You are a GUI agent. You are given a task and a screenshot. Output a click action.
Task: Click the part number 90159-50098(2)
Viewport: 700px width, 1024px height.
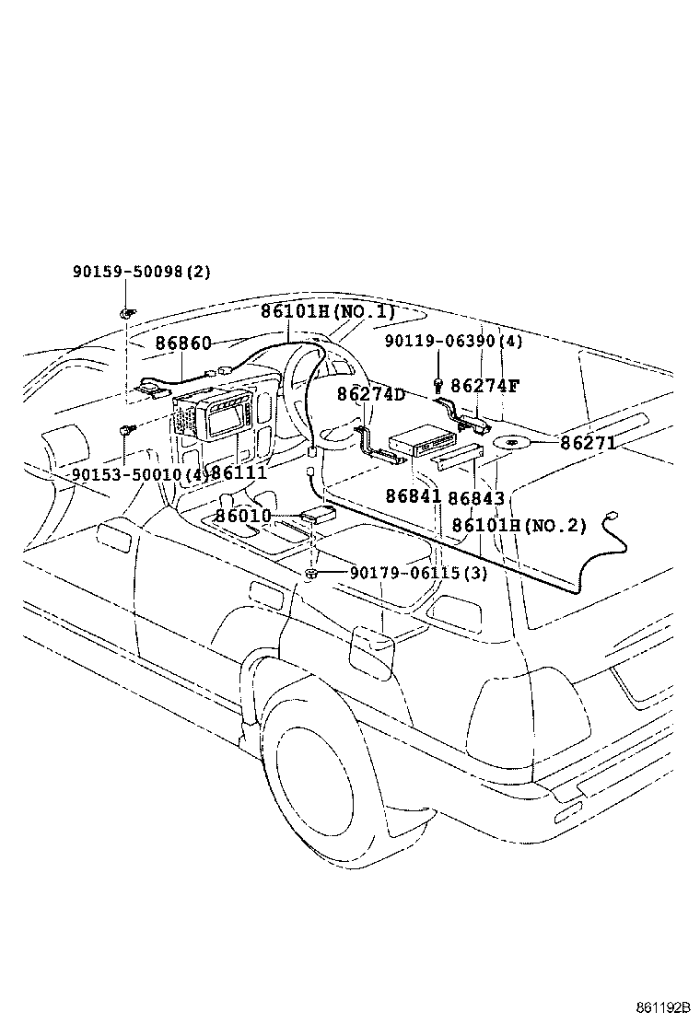142,272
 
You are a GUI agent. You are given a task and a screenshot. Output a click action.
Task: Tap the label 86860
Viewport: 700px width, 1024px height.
183,343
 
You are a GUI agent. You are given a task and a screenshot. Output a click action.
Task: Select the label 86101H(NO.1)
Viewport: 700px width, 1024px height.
329,311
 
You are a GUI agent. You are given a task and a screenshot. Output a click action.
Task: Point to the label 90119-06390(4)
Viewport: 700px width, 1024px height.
454,341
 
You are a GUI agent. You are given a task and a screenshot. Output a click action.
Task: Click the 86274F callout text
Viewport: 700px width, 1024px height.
485,385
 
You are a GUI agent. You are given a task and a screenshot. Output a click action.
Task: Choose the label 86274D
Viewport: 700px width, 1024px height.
371,394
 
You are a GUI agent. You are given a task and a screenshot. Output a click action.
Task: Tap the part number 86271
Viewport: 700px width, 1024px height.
589,444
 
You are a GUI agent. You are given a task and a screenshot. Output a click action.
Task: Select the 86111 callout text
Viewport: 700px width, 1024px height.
239,472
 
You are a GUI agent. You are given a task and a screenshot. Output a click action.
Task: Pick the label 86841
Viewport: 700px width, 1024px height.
414,496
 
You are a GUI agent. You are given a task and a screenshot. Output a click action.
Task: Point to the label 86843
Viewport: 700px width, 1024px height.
476,499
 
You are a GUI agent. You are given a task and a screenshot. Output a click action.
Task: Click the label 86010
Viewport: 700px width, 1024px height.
243,516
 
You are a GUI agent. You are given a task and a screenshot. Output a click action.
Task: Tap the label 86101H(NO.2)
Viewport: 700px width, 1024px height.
519,526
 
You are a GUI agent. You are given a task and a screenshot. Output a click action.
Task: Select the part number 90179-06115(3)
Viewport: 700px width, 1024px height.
419,574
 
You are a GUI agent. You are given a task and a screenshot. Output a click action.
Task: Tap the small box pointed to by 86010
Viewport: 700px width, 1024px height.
319,513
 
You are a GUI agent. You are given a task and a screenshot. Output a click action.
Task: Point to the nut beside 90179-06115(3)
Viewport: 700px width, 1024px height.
311,574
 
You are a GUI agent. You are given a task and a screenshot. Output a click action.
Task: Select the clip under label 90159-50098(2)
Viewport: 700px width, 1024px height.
126,313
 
